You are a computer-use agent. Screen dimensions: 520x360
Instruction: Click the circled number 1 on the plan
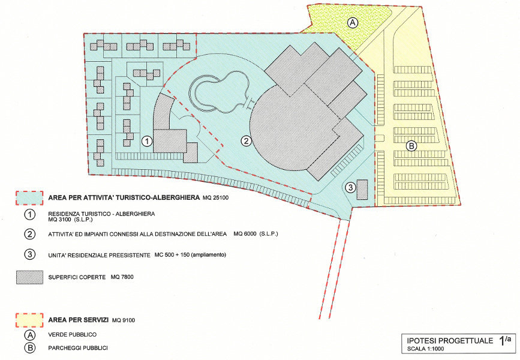point(146,142)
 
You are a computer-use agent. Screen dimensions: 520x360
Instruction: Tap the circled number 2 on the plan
point(246,142)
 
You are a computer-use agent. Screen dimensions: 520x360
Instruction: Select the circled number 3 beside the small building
point(350,188)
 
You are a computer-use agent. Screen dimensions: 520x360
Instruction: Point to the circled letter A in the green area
point(353,23)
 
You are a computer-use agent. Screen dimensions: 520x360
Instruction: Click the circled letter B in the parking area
point(411,146)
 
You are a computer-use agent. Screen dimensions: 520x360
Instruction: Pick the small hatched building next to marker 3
point(362,190)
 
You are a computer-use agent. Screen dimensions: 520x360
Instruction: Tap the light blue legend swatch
point(29,198)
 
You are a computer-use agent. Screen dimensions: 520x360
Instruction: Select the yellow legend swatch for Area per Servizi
point(29,320)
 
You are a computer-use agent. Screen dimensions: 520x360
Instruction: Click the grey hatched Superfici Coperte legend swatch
point(29,277)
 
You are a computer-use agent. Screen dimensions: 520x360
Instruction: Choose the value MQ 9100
point(124,320)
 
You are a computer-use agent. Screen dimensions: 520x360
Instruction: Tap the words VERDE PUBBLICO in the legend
point(73,334)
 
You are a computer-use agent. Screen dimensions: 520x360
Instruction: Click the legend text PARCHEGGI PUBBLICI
point(78,348)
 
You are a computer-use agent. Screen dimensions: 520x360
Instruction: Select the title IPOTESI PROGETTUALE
point(450,341)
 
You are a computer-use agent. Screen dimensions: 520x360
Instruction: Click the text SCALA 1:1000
point(425,349)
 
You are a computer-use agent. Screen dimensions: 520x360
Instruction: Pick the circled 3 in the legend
point(30,254)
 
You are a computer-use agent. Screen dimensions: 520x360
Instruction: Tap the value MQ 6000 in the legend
point(245,233)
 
